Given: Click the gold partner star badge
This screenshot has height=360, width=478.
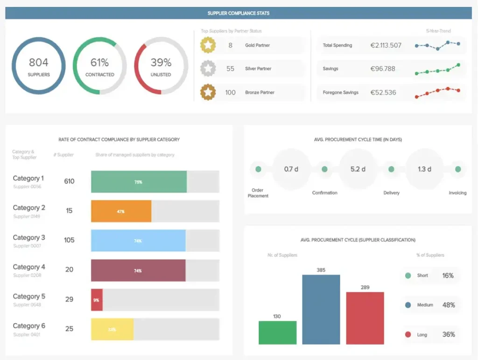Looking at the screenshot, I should [x=208, y=45].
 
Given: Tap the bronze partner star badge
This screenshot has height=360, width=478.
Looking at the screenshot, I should [x=208, y=92].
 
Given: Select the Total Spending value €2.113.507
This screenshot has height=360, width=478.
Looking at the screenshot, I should [x=386, y=45].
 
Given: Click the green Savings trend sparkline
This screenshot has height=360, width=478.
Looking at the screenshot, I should [x=437, y=69].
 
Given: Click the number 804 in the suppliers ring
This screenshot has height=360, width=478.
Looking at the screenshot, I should [x=38, y=62].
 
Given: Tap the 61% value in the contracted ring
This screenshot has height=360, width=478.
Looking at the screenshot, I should [x=99, y=62].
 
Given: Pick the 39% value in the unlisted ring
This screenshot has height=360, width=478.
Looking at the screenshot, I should [x=161, y=62].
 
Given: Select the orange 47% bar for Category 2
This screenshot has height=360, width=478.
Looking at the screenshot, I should [x=121, y=211].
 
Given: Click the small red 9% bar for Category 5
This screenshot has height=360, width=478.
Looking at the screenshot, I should [x=97, y=300].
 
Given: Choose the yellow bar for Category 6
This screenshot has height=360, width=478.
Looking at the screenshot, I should [x=112, y=329].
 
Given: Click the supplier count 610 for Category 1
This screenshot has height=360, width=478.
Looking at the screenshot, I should [x=69, y=181].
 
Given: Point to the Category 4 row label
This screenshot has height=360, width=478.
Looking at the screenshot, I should [x=29, y=267].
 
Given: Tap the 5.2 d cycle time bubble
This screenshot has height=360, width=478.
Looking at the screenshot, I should [x=358, y=169].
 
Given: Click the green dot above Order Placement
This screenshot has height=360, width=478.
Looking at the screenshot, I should [x=258, y=169].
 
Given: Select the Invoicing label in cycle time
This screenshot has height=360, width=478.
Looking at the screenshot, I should [x=457, y=193].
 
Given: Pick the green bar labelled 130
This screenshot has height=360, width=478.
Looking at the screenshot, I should [x=277, y=332].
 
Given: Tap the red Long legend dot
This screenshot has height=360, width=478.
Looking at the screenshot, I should [x=408, y=334].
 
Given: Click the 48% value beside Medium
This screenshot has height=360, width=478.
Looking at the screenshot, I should [x=448, y=305].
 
